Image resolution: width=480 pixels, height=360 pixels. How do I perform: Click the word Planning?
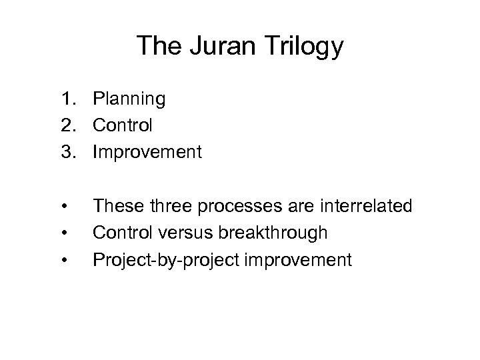(129, 100)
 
